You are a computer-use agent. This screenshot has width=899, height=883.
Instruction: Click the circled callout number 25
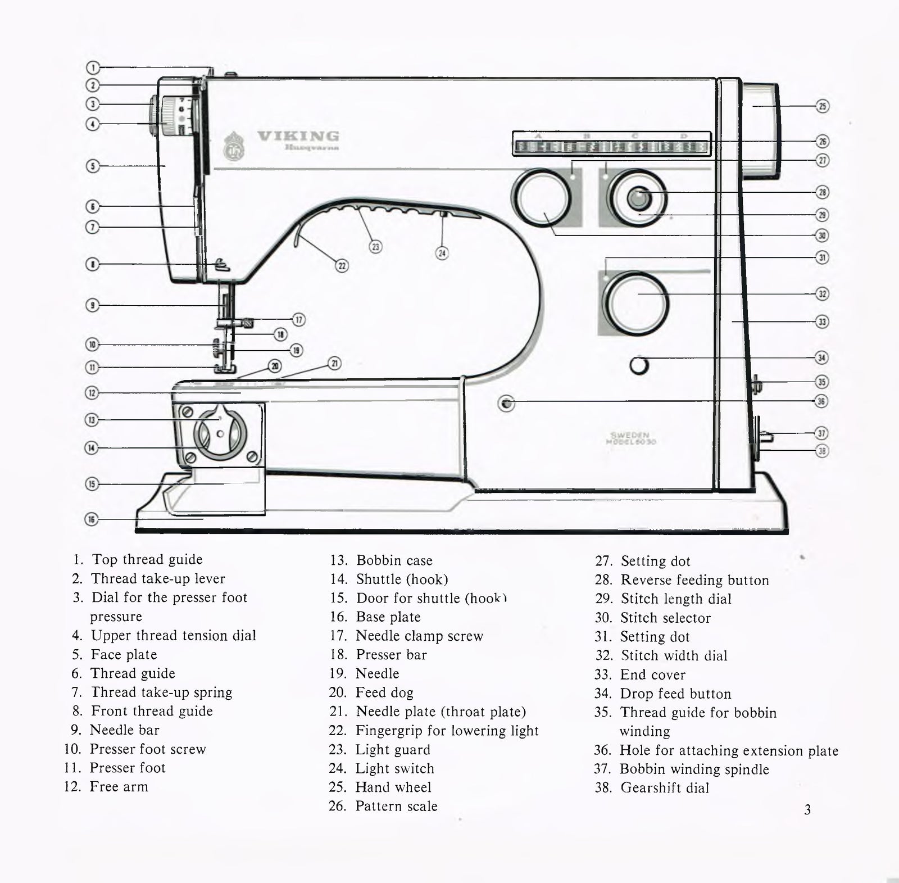[x=822, y=106]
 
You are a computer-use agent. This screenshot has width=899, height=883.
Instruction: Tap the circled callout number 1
[x=93, y=67]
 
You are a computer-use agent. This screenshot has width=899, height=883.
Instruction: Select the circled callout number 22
[x=342, y=266]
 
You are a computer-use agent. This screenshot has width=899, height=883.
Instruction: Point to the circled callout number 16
[x=92, y=519]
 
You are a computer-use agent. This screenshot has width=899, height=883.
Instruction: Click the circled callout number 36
[x=822, y=401]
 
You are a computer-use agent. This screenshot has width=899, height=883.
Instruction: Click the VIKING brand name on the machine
[x=298, y=136]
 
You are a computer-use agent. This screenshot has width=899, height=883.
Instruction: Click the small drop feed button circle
[x=639, y=365]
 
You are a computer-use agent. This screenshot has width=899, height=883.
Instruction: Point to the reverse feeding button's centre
[x=637, y=198]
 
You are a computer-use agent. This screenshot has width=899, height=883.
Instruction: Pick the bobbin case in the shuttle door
[x=220, y=434]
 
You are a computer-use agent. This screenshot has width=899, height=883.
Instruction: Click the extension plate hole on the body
[x=506, y=403]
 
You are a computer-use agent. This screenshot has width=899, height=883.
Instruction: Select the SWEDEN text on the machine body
[x=630, y=434]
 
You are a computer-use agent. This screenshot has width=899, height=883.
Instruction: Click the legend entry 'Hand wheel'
[x=393, y=787]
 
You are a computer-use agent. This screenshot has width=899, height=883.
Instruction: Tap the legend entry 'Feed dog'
[x=384, y=692]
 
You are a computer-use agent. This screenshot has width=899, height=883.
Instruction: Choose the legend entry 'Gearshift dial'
[x=664, y=787]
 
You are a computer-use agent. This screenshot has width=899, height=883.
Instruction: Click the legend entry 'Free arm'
[x=119, y=786]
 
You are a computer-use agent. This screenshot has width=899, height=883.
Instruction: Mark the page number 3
[x=807, y=809]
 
